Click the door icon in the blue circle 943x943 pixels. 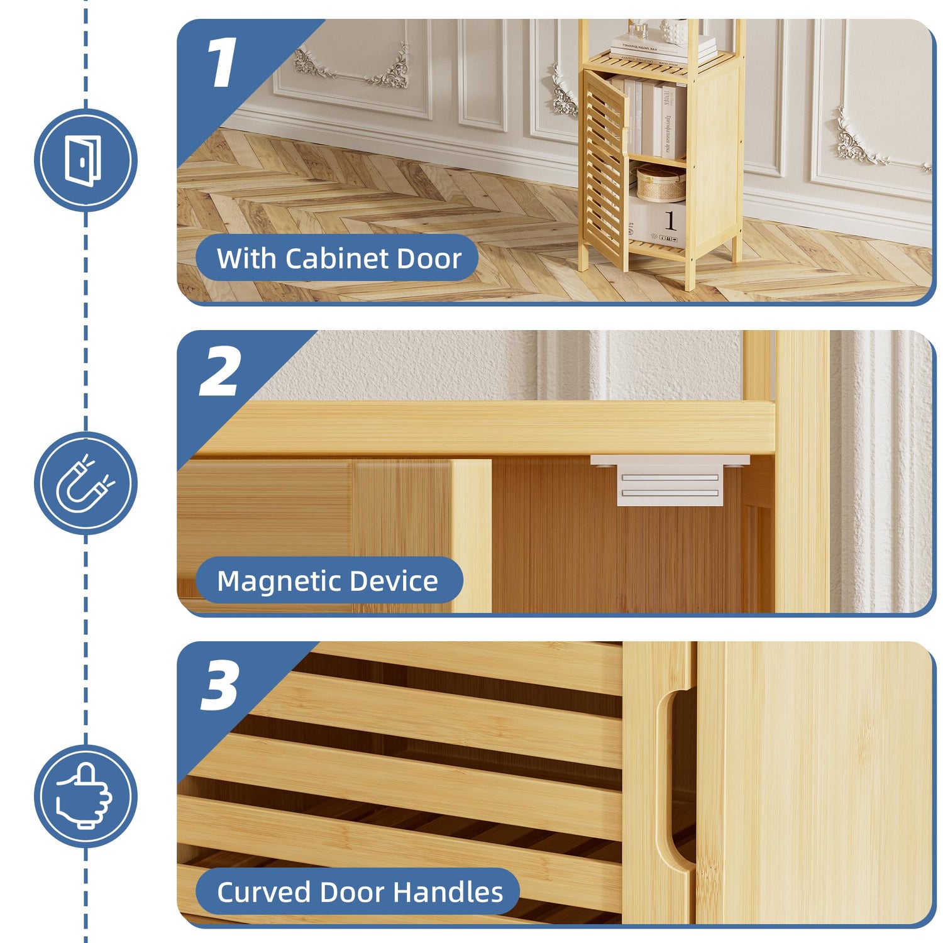[x=84, y=161]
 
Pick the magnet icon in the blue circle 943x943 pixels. [x=85, y=483]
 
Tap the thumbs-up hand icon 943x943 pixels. [x=85, y=795]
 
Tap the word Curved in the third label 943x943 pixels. [x=264, y=892]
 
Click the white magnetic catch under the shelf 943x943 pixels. [x=670, y=480]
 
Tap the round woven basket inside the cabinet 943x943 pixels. [x=661, y=183]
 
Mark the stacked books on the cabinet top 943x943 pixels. [x=664, y=49]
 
